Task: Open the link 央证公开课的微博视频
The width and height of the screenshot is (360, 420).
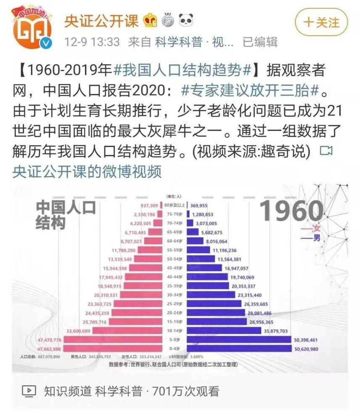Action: [x=87, y=172]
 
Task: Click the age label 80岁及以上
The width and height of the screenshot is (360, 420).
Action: [x=174, y=205]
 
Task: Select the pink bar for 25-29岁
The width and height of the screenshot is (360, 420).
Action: [x=137, y=304]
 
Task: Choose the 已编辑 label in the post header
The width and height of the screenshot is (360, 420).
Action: [x=260, y=42]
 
